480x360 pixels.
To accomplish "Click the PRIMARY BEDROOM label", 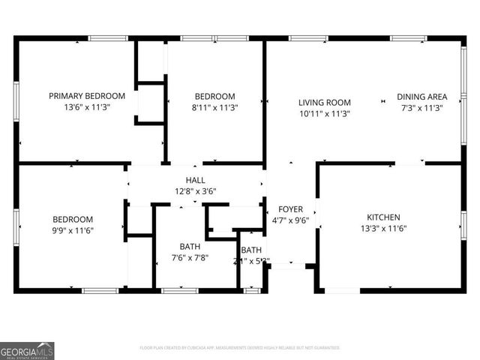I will pyautogui.click(x=87, y=96).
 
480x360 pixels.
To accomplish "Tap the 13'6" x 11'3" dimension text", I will pyautogui.click(x=87, y=107).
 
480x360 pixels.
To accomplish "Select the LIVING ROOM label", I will pyautogui.click(x=325, y=103).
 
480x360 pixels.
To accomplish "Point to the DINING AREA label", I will pyautogui.click(x=422, y=97).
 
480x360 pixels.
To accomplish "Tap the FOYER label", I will pyautogui.click(x=290, y=209).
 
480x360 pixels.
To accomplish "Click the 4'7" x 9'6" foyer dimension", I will pyautogui.click(x=290, y=220).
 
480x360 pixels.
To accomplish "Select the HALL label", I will pyautogui.click(x=195, y=180).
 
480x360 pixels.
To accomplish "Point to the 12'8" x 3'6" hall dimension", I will pyautogui.click(x=195, y=191).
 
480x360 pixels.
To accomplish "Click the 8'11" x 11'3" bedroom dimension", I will pyautogui.click(x=215, y=107).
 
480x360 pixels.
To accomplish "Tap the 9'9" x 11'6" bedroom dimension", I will pyautogui.click(x=73, y=230).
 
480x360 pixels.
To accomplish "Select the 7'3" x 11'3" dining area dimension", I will pyautogui.click(x=422, y=107).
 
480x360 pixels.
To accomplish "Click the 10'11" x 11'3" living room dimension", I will pyautogui.click(x=325, y=114).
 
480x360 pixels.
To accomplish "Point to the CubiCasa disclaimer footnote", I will pyautogui.click(x=240, y=348).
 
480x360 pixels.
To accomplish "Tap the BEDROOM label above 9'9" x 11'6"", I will pyautogui.click(x=73, y=219).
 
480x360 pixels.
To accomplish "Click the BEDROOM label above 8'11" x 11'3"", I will pyautogui.click(x=215, y=96).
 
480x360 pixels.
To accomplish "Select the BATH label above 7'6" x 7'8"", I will pyautogui.click(x=190, y=246).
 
